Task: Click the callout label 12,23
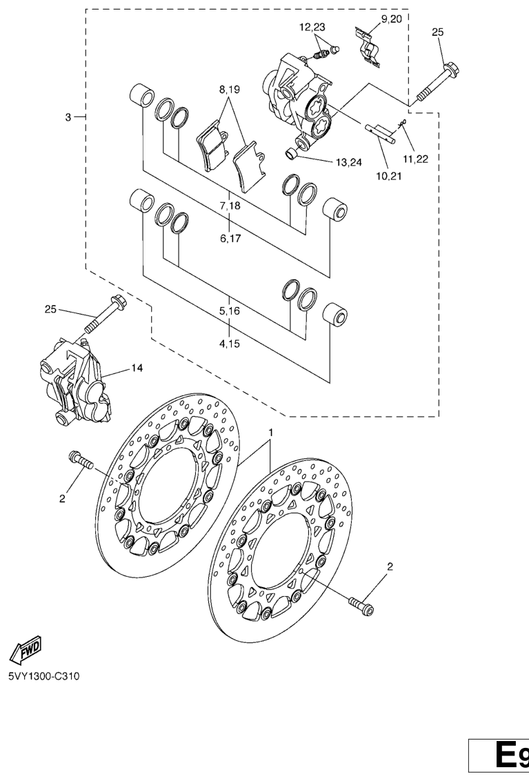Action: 312,28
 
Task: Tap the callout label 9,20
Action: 392,19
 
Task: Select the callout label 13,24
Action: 349,162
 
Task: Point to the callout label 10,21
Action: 389,175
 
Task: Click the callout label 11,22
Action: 415,159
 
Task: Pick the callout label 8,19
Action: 229,90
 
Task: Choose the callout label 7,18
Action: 229,205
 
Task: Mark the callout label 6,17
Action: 230,239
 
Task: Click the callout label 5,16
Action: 230,311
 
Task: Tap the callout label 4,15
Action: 230,344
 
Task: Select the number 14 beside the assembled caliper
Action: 137,368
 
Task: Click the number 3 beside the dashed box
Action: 68,117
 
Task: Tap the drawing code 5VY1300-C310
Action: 43,676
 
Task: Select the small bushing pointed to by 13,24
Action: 292,153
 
